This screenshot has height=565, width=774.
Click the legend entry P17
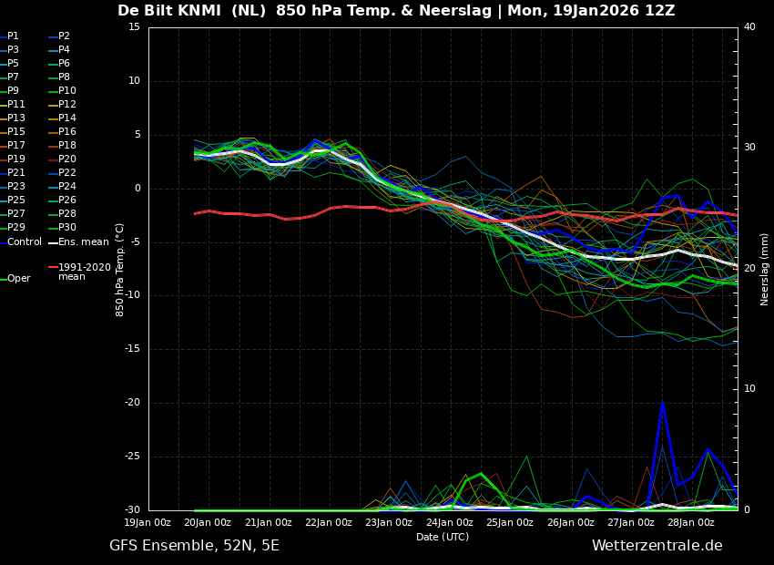click(x=17, y=146)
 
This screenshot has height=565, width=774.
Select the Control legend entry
click(x=25, y=241)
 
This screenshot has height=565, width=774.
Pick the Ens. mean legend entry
click(x=83, y=241)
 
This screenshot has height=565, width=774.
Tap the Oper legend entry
click(x=18, y=279)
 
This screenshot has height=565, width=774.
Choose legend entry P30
click(x=67, y=228)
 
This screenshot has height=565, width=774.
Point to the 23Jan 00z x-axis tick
click(x=389, y=523)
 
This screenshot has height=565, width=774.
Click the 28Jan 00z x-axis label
click(x=691, y=523)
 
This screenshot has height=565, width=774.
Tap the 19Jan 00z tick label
click(x=148, y=523)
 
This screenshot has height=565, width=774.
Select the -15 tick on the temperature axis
click(x=134, y=349)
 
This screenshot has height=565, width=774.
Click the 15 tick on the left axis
click(x=134, y=27)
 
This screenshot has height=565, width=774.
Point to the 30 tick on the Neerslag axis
click(x=749, y=148)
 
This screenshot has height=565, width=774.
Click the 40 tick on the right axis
click(x=749, y=27)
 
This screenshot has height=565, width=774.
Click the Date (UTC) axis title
click(x=443, y=538)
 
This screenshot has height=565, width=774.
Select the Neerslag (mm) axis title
click(x=765, y=269)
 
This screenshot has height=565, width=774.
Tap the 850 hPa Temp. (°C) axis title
click(x=120, y=269)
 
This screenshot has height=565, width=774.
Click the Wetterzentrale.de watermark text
click(x=657, y=546)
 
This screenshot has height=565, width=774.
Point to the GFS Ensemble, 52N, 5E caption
click(x=194, y=546)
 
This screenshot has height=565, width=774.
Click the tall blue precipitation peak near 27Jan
click(x=662, y=404)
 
